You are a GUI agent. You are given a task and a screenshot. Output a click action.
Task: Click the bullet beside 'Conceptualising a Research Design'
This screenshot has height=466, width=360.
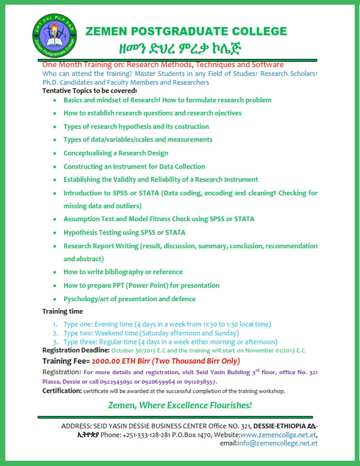[x=54, y=153]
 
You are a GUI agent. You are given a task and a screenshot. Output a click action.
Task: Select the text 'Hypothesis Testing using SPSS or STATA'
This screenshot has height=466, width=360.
[x=124, y=232]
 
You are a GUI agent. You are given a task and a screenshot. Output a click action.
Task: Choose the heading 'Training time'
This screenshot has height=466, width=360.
[x=63, y=311]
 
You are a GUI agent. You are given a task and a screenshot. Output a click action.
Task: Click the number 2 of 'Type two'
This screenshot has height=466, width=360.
[x=54, y=333]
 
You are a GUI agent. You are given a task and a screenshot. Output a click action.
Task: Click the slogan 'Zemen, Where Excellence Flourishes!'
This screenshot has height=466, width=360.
[x=179, y=405]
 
